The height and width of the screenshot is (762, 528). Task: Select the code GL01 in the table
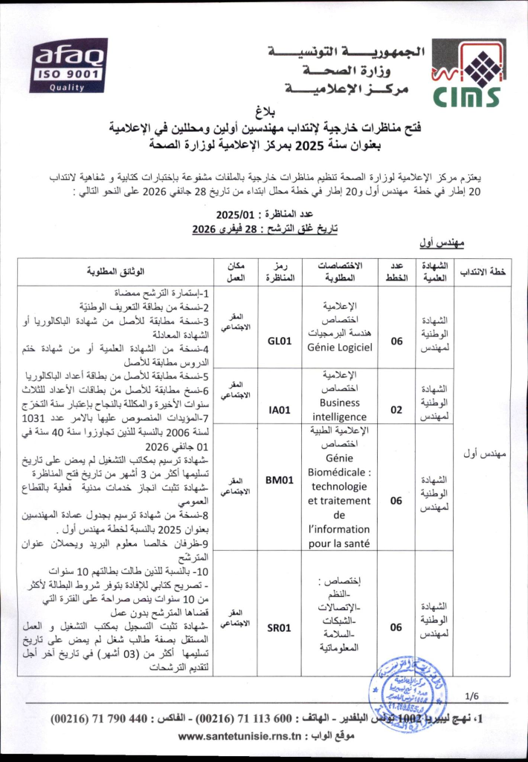tap(277, 341)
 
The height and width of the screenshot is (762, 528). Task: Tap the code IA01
tap(277, 408)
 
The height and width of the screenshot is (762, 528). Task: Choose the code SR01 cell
tap(277, 627)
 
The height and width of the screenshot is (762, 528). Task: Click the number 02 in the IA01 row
tap(396, 408)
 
